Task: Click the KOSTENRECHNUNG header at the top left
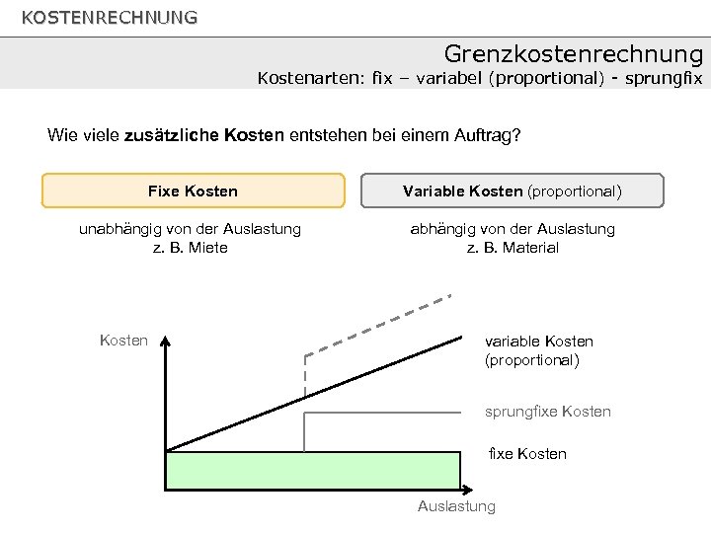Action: [109, 17]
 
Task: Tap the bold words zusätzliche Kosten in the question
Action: [204, 135]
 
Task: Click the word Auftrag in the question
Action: [481, 135]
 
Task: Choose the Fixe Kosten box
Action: [193, 190]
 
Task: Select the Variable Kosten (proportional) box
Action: [513, 190]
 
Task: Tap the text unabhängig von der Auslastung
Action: [190, 228]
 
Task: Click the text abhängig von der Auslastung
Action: [513, 228]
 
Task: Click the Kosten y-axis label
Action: [124, 341]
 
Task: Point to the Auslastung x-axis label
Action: [456, 506]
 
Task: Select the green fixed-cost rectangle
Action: [313, 470]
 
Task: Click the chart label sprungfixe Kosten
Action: [547, 411]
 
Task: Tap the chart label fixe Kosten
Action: [527, 453]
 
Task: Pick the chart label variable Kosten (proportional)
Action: [538, 350]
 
